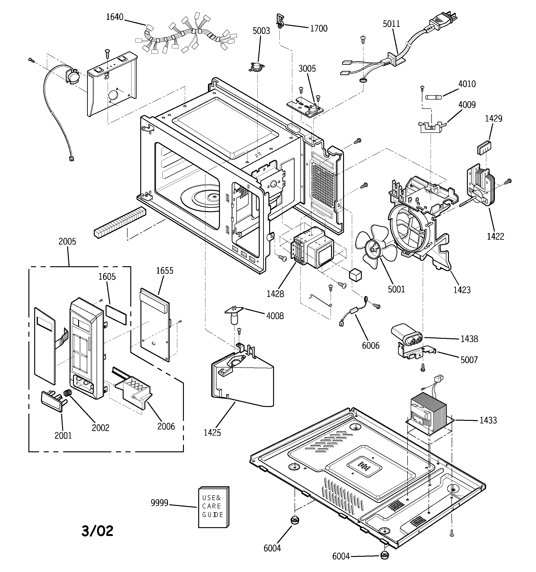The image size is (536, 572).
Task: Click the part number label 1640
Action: point(115,17)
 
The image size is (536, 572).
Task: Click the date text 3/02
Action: point(97,531)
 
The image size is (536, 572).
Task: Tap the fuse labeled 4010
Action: point(433,98)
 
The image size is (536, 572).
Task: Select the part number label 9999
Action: point(159,503)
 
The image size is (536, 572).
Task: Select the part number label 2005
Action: point(67,242)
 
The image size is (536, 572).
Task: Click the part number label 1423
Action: point(462,290)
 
